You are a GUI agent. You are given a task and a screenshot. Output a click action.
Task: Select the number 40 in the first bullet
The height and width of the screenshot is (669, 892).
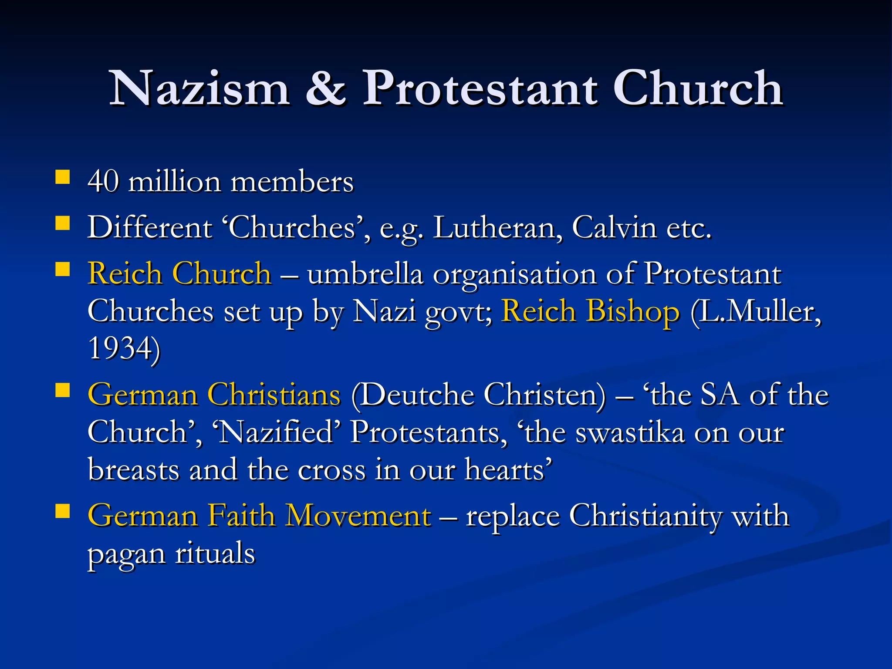103,181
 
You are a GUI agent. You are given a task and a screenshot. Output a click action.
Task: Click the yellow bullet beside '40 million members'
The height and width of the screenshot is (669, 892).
63,177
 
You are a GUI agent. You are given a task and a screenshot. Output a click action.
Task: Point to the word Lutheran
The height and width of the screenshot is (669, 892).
497,228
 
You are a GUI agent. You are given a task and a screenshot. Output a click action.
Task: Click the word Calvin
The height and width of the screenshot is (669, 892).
614,228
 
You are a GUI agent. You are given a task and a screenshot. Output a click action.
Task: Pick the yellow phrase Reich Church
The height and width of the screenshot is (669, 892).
179,274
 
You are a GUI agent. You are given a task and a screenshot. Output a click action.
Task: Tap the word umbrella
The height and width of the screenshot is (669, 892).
365,275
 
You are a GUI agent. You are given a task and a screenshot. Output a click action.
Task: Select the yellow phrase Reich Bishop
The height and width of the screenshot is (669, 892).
590,311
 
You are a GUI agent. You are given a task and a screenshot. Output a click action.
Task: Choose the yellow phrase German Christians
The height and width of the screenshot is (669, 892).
214,395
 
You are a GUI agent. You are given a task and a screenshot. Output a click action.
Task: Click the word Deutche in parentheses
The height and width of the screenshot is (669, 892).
417,395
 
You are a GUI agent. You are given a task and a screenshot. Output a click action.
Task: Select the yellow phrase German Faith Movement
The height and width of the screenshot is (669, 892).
260,516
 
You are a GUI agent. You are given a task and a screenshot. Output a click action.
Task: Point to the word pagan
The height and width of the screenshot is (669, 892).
127,554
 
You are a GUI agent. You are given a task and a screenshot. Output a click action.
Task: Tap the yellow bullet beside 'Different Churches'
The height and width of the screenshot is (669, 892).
63,223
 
